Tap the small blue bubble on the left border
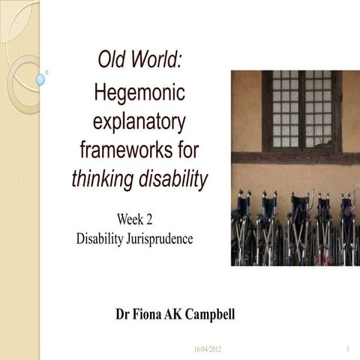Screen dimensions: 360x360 point(41,79)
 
